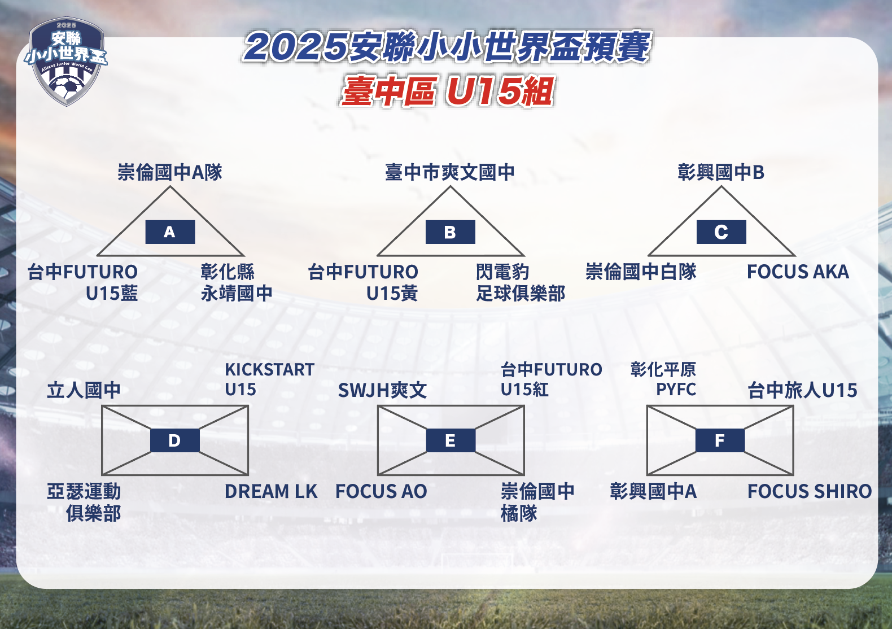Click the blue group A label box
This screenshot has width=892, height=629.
point(170,232)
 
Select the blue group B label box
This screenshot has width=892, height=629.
point(451,232)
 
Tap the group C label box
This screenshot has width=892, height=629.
point(721,232)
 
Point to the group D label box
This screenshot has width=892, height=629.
point(175,440)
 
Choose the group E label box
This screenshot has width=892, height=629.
point(451,440)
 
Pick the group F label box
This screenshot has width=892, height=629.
point(720,440)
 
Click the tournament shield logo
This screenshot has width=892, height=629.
point(66,62)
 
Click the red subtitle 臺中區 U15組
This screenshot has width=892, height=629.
point(448,91)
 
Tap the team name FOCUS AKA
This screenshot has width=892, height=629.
point(798,272)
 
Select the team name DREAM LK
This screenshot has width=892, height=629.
point(271,491)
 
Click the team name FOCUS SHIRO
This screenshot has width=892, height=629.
point(810,491)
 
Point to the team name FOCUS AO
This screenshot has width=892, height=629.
point(381,491)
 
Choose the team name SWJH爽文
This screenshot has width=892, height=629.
point(382,390)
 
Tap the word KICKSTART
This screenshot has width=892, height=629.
point(270,370)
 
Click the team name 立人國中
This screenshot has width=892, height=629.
point(84,390)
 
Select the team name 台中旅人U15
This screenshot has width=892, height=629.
point(802,390)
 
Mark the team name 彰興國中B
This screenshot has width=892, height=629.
point(721,172)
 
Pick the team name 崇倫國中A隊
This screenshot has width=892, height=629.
point(169,172)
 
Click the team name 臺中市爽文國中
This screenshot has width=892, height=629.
point(450,172)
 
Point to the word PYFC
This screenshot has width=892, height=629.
point(676,390)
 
